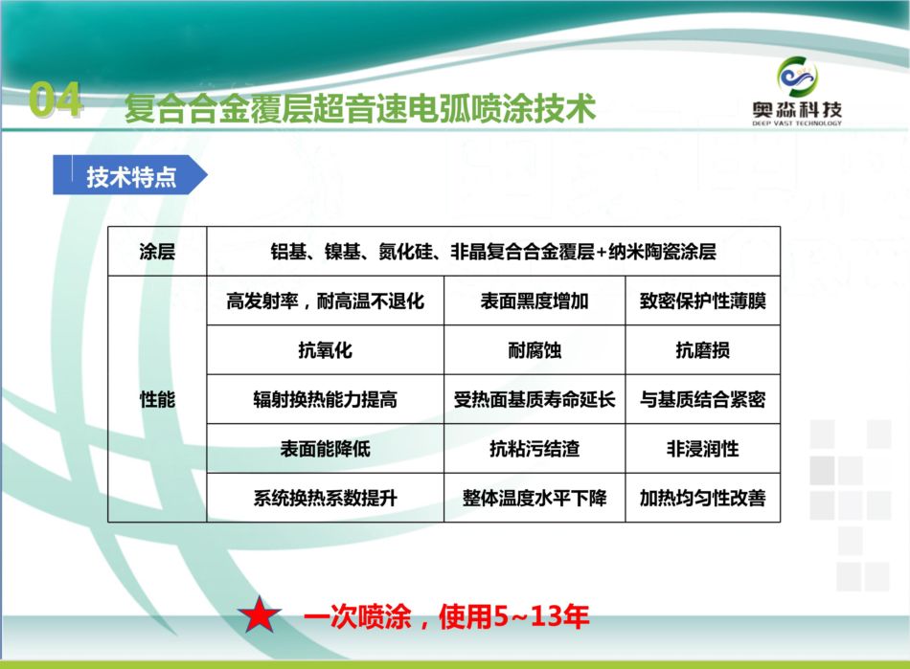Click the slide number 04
(x=56, y=100)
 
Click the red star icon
(x=260, y=615)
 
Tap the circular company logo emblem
(x=797, y=78)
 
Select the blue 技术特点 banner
(x=130, y=174)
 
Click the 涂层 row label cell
(x=157, y=251)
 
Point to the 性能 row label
(x=157, y=399)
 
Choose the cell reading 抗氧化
(x=325, y=349)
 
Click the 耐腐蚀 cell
(x=535, y=349)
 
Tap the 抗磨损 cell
(x=703, y=349)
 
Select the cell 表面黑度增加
(x=535, y=301)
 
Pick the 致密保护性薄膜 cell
(x=703, y=301)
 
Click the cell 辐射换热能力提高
(x=325, y=399)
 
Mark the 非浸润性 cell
(x=703, y=448)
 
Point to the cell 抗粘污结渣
(x=535, y=448)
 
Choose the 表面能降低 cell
(x=325, y=448)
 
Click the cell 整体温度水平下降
(x=535, y=498)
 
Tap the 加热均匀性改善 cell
(x=703, y=498)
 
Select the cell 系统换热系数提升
(x=325, y=498)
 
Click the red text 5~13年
(x=540, y=615)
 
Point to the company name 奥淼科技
(x=797, y=109)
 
